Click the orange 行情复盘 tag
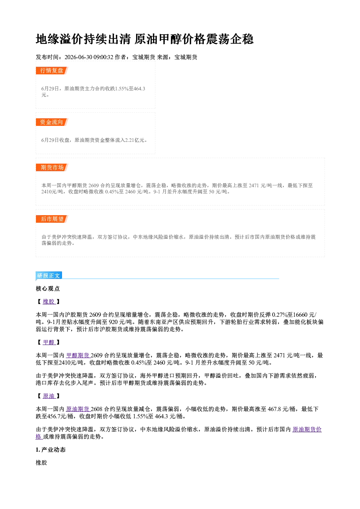[x=52, y=70]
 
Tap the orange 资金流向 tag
[x=52, y=122]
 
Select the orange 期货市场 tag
[x=52, y=168]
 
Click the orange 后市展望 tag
[x=52, y=219]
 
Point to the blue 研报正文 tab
[x=49, y=276]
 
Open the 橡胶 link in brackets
[x=49, y=301]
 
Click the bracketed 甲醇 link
[x=49, y=342]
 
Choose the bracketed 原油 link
[x=49, y=396]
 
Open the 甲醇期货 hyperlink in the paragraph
[x=78, y=356]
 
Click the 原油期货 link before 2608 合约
[x=78, y=409]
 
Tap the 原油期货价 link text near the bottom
[x=307, y=430]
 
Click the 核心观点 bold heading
[x=48, y=289]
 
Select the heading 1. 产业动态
[x=51, y=450]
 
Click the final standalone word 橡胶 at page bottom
[x=41, y=463]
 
